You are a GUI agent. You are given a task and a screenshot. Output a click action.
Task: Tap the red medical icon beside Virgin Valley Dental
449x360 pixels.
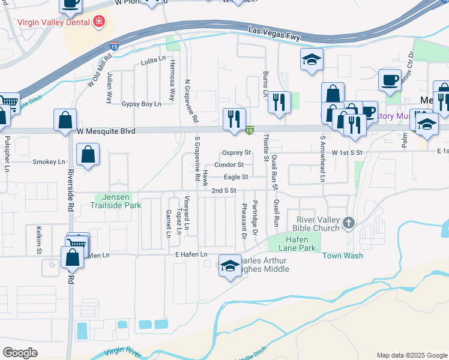tap(99, 23)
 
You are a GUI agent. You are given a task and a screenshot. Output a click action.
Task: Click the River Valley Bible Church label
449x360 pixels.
tap(316, 224)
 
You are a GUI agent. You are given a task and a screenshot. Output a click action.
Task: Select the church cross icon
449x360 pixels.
tap(349, 224)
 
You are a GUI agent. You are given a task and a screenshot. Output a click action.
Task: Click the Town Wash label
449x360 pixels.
tap(342, 256)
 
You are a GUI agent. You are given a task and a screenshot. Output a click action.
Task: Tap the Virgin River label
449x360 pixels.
tap(124, 353)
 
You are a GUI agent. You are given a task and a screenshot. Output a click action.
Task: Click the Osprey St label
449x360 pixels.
tap(236, 153)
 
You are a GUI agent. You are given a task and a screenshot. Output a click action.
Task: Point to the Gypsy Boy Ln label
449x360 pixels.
tap(142, 104)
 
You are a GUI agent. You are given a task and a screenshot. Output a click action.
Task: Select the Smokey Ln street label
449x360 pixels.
tap(49, 161)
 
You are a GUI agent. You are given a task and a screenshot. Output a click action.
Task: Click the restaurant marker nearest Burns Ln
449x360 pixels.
tap(279, 101)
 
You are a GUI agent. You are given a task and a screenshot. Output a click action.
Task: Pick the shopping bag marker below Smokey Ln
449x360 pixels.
tap(88, 154)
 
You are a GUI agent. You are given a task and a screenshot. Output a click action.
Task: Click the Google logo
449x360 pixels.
tap(20, 353)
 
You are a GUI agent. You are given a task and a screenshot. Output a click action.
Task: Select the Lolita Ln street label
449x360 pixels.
tap(153, 59)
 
